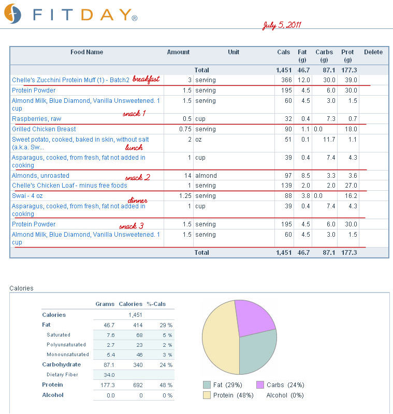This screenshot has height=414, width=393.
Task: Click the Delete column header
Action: (x=373, y=52)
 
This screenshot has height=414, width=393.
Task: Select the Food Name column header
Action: (x=86, y=52)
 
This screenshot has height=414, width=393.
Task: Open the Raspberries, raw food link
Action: (x=36, y=119)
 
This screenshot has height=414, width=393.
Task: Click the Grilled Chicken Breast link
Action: (x=44, y=129)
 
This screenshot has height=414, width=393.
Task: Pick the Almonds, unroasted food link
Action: (x=40, y=176)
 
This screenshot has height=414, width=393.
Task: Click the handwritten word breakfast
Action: (x=146, y=79)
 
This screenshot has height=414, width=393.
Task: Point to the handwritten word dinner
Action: (x=138, y=201)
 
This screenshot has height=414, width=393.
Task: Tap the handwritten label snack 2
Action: (x=137, y=178)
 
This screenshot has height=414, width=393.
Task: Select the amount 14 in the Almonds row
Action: (x=187, y=176)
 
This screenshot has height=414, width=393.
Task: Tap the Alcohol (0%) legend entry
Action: (x=285, y=395)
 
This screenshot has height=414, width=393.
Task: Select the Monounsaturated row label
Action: (x=67, y=355)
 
